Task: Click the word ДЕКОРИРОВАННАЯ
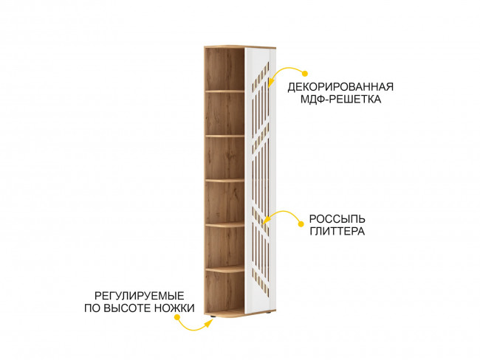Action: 340,87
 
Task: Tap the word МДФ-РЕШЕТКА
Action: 340,100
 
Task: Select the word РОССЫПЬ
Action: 337,219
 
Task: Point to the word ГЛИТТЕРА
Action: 337,231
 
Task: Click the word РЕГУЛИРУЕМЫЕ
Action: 140,296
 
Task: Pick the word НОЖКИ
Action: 174,308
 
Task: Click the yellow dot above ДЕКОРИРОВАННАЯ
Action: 304,74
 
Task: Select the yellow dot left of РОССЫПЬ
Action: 301,224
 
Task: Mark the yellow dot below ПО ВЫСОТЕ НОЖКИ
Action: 176,317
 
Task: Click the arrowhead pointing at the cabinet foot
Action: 209,322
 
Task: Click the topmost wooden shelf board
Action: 224,91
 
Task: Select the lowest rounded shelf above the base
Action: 224,269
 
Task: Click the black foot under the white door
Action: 269,314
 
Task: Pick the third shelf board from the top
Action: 224,181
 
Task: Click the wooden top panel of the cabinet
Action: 240,47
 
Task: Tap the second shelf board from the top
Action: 224,136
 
